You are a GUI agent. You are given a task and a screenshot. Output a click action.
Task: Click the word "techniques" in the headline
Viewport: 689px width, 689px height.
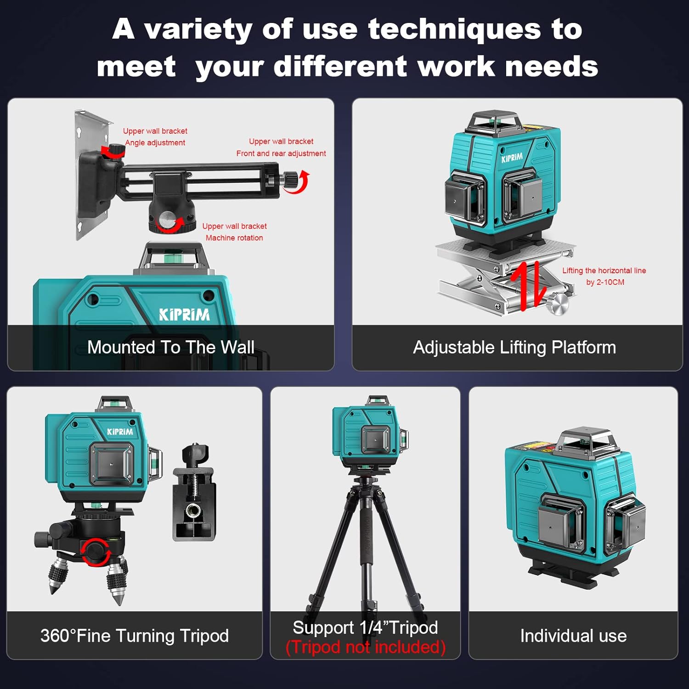(454, 29)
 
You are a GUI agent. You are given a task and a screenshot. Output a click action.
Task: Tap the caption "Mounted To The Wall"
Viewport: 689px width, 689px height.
(170, 347)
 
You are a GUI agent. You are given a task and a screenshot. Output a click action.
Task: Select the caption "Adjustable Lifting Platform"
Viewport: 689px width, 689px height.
(514, 347)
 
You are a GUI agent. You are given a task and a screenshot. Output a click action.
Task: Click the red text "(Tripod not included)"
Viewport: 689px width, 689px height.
(366, 647)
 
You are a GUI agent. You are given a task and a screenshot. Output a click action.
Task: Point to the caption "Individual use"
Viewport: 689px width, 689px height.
(573, 636)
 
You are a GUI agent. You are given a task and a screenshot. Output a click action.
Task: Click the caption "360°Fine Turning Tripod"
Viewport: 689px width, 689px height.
(135, 636)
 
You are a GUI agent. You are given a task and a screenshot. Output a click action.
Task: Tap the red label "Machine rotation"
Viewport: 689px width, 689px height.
(234, 238)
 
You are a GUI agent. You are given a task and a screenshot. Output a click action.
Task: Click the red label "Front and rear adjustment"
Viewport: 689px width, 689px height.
(281, 153)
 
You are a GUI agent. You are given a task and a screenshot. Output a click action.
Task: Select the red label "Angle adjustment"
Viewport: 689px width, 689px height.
(155, 143)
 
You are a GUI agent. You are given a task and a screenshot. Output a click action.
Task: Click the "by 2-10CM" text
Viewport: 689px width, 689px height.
(605, 282)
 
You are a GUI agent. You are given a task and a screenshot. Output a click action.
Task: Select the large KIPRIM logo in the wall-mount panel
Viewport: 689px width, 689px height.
(184, 315)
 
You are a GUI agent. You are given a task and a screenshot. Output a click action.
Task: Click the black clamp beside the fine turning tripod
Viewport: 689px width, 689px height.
(194, 494)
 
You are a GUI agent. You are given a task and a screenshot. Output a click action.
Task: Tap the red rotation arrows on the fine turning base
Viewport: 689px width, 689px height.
(95, 551)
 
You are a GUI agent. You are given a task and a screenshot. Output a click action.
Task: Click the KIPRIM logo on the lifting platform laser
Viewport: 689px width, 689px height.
(512, 158)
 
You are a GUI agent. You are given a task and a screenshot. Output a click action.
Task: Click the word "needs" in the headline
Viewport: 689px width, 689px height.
(551, 67)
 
